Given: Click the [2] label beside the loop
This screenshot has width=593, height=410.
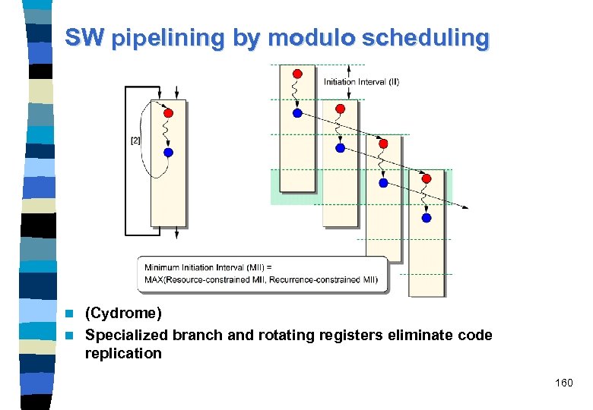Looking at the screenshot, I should [x=135, y=140].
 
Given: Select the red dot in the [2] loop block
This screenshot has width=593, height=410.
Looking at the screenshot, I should [x=169, y=112].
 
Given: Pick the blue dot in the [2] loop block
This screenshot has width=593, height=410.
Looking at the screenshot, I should [x=169, y=152].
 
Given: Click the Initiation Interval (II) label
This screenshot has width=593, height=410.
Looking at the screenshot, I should [x=361, y=81].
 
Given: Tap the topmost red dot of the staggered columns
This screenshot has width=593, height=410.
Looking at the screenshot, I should [x=298, y=73].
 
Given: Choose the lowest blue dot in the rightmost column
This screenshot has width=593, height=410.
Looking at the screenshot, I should [x=427, y=218].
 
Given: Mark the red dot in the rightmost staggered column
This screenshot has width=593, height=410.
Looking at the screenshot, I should [x=427, y=178].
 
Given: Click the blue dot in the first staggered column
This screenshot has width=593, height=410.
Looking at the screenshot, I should [x=298, y=113].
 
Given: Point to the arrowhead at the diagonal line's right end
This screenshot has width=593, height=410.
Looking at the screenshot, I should [x=465, y=207].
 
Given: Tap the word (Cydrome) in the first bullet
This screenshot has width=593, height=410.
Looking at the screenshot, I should [x=123, y=313].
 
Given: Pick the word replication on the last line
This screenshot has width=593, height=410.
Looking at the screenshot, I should [x=123, y=353].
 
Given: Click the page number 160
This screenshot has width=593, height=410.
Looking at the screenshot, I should [x=563, y=383].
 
